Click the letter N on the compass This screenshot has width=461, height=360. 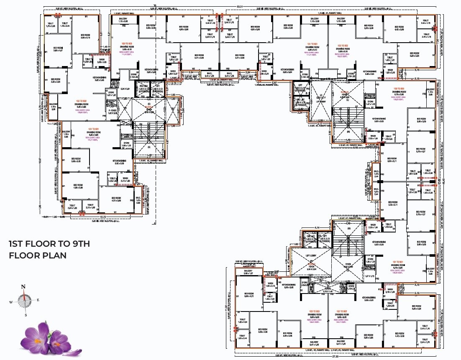click(x=24, y=286)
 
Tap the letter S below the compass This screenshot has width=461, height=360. click(x=26, y=315)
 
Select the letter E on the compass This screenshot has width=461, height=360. click(x=38, y=300)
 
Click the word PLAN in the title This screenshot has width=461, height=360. click(x=55, y=255)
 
